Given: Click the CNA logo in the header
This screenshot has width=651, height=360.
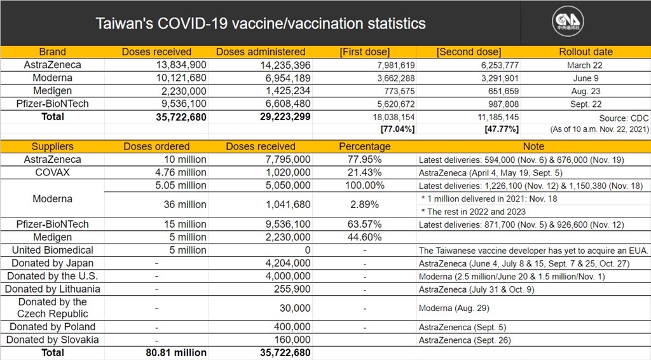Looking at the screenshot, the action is pos(568,21).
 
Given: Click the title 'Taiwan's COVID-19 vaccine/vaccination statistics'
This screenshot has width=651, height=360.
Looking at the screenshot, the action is pos(260,24).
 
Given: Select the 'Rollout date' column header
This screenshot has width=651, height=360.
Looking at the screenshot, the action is pos(586,52).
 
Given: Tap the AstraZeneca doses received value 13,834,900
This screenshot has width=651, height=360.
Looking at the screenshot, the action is pos(181,65).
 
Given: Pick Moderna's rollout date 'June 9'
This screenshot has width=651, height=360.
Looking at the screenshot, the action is pos(586,78).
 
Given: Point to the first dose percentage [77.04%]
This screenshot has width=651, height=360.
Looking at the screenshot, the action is pos(397,129).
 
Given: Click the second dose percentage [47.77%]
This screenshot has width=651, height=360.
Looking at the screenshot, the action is pos(502,129).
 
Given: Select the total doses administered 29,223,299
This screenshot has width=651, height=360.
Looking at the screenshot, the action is pos(285,116).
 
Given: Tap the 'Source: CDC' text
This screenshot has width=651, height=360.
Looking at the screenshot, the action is pos(624,118).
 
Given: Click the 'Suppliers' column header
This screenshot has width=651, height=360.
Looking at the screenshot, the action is pos(52,146).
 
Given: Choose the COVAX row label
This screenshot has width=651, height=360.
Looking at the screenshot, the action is pos(52,172).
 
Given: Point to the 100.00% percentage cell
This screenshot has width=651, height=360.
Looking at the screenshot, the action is pos(364,185).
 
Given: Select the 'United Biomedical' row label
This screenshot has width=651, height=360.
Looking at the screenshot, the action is pos(52,250).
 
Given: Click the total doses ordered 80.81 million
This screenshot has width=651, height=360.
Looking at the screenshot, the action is pos(176,352).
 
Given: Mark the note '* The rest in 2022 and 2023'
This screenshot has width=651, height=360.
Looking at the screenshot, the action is pos(473,212).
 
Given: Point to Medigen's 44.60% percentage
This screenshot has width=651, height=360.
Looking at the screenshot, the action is pos(364,237).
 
